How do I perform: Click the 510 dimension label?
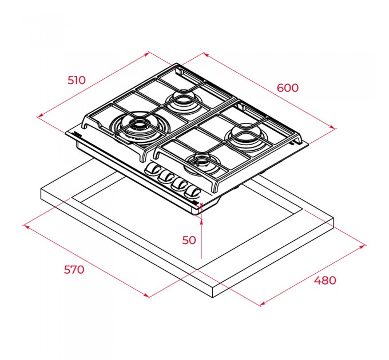pos(77,80)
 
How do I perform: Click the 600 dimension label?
pos(288,88)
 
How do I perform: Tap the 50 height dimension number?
pos(189,240)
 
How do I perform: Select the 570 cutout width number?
pos(74,270)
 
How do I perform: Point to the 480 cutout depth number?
pos(325,280)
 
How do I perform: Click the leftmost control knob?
pos(153,170)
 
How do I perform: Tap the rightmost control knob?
pos(193,192)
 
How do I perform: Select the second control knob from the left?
pos(166,177)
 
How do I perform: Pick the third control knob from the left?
pos(180,185)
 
